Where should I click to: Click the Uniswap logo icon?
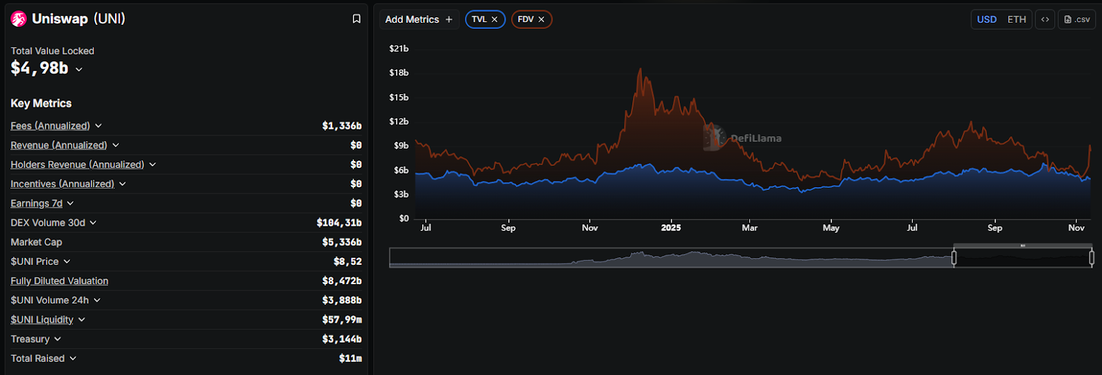pos(19,19)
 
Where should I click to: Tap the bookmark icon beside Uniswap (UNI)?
pos(356,19)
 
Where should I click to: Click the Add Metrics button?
pos(419,19)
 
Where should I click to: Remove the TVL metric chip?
pos(495,19)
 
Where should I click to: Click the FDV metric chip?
pos(526,19)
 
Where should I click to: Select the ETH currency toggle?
pos(1016,19)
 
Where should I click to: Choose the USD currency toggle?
pos(986,19)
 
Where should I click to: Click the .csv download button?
pos(1077,19)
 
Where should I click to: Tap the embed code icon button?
pos(1045,19)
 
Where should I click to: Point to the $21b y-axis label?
pos(399,49)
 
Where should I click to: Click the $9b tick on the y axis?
pos(401,146)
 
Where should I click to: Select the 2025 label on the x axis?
pos(671,228)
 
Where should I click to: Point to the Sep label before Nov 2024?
pos(508,228)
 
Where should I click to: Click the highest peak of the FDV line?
pos(641,69)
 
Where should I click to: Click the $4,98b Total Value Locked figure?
pos(39,68)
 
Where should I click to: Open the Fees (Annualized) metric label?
pos(50,126)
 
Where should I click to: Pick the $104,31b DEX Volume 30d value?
pos(339,223)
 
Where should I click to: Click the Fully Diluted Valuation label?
pos(59,281)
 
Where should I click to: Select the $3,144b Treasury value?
pos(342,339)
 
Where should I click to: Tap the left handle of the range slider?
pos(954,257)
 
